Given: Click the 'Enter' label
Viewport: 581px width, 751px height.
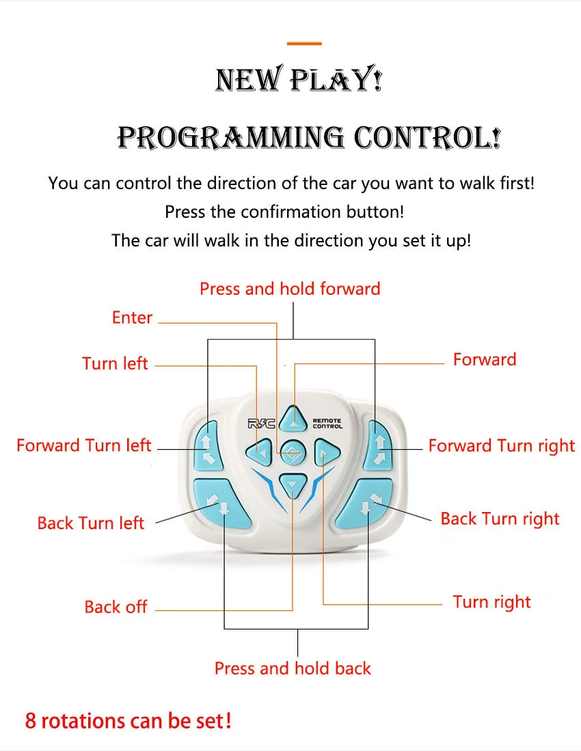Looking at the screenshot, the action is [x=132, y=317].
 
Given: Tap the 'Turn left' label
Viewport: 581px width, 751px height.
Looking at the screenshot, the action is [x=115, y=363].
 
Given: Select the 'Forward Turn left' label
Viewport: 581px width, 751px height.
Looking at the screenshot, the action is [x=83, y=446].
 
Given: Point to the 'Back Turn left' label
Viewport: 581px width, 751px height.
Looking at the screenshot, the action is [x=90, y=524].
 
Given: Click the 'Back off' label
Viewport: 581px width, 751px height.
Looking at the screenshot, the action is [x=116, y=607].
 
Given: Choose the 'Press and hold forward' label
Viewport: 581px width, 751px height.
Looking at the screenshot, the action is [x=290, y=289].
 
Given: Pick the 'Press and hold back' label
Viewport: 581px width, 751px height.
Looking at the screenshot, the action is [x=293, y=668].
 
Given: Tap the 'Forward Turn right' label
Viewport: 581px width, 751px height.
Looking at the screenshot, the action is [x=502, y=446].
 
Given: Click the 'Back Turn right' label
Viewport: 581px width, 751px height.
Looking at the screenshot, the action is [x=500, y=519].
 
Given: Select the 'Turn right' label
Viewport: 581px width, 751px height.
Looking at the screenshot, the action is [x=491, y=602].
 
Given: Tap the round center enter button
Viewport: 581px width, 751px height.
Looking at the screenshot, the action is [x=292, y=451].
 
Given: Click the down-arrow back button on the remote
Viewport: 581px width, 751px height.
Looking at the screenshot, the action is [x=293, y=484].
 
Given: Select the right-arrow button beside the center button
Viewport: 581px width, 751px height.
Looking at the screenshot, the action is [x=324, y=451].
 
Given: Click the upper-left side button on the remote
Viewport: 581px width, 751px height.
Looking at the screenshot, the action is [x=206, y=444].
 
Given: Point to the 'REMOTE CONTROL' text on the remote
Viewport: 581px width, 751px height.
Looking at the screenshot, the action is [x=327, y=424].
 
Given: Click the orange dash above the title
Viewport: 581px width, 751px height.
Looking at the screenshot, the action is [x=304, y=44].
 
